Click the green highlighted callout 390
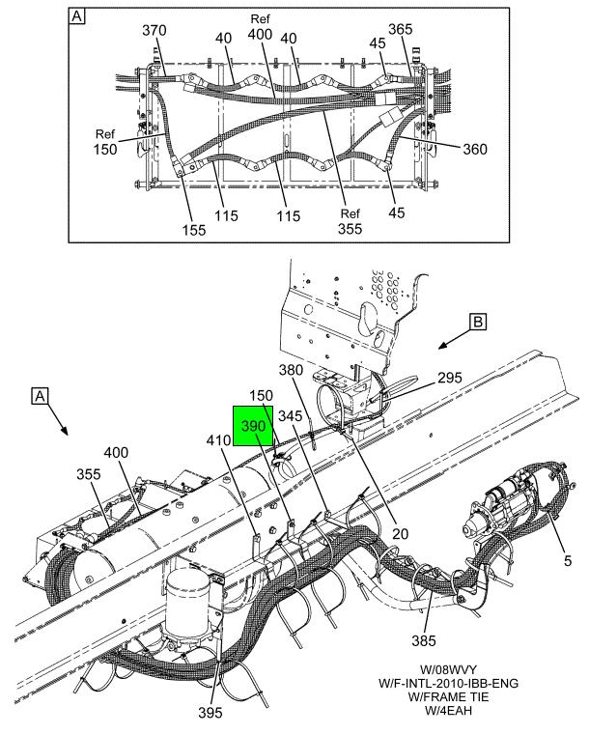(x=253, y=426)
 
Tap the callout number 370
(x=154, y=31)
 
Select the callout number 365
(x=401, y=29)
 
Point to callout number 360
(x=475, y=149)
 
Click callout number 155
(x=194, y=230)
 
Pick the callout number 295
(x=450, y=378)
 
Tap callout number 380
(x=291, y=370)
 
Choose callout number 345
(x=291, y=415)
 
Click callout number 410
(x=219, y=439)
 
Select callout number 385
(x=424, y=640)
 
